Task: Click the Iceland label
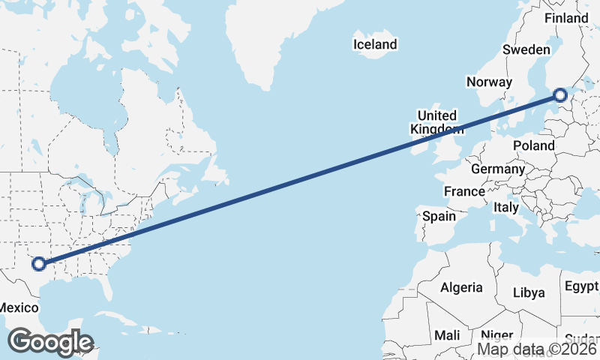pyautogui.click(x=375, y=45)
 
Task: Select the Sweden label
pyautogui.click(x=526, y=49)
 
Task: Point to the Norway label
pyautogui.click(x=489, y=82)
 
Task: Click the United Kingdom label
pyautogui.click(x=436, y=122)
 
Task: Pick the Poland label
pyautogui.click(x=534, y=145)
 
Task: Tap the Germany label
pyautogui.click(x=498, y=169)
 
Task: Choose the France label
pyautogui.click(x=464, y=192)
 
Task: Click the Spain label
pyautogui.click(x=439, y=217)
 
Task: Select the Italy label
pyautogui.click(x=505, y=207)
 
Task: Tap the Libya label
pyautogui.click(x=529, y=292)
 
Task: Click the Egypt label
pyautogui.click(x=582, y=286)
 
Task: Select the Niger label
pyautogui.click(x=496, y=335)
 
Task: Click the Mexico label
pyautogui.click(x=18, y=307)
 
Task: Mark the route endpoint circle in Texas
pyautogui.click(x=39, y=263)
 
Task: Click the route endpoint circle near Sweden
pyautogui.click(x=559, y=95)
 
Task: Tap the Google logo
pyautogui.click(x=50, y=343)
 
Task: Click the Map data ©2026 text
pyautogui.click(x=537, y=349)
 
